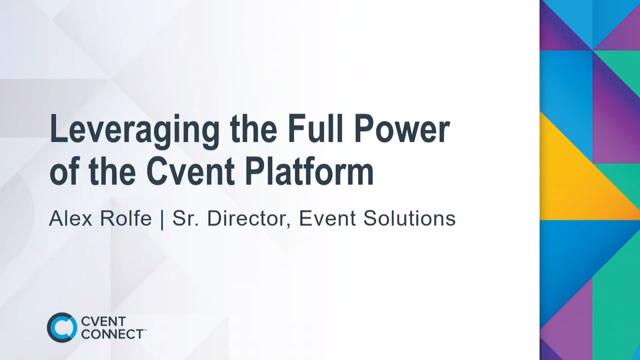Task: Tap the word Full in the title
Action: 316,129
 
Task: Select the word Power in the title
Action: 402,129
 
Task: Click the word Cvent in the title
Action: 190,172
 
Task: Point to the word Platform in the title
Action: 309,172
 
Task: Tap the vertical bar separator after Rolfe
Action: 162,219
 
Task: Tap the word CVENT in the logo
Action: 103,321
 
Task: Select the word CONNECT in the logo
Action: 112,334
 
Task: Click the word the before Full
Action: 253,129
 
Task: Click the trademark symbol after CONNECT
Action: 145,330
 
